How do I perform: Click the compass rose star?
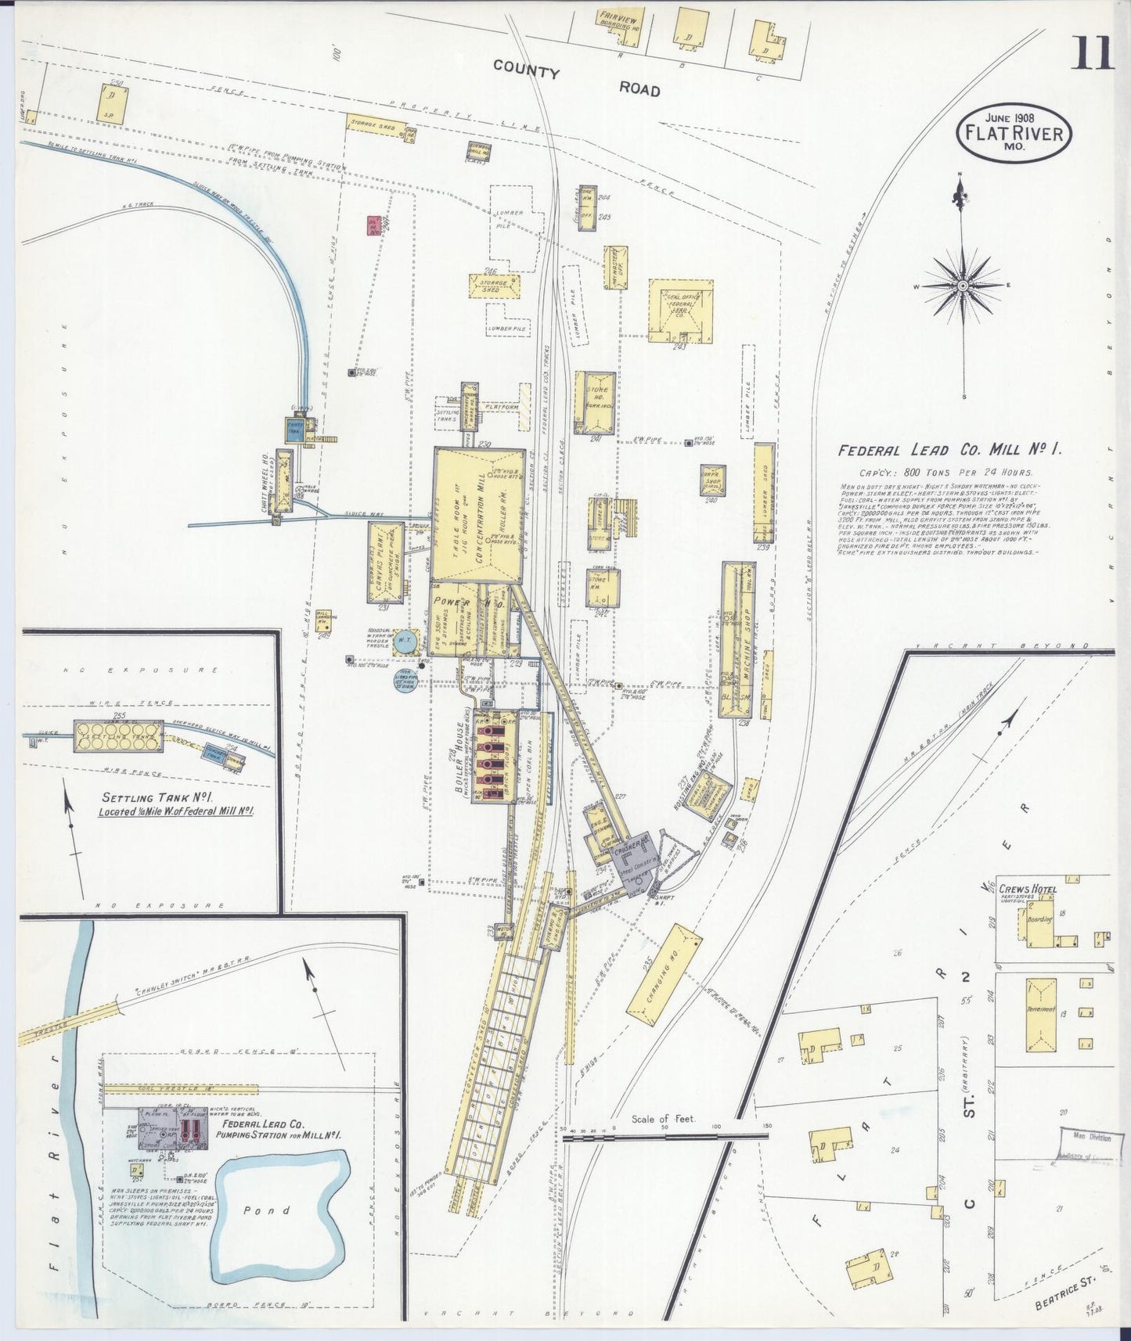[x=962, y=286]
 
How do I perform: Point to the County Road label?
[x=576, y=79]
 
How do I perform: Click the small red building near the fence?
[x=375, y=225]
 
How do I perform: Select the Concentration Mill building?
[x=477, y=514]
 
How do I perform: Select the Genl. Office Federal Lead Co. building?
[x=680, y=311]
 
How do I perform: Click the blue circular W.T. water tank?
[x=405, y=640]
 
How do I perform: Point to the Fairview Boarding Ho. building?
[x=618, y=27]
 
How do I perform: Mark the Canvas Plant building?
[x=386, y=562]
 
